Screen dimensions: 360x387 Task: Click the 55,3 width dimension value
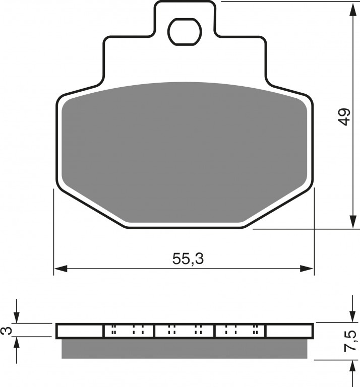click(188, 259)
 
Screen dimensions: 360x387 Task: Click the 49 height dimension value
click(344, 117)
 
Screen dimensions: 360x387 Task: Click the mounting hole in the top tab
click(185, 32)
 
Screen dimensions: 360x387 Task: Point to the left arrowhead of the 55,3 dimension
click(61, 269)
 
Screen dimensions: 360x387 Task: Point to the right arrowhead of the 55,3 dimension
click(307, 269)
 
